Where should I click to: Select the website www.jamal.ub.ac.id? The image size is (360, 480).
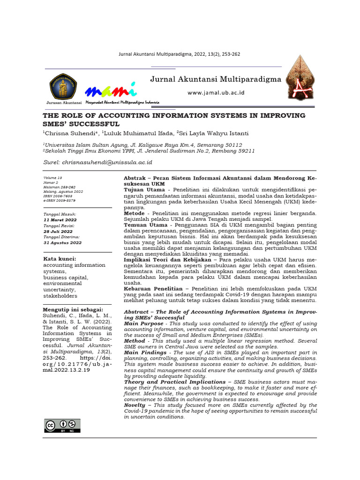click(x=216, y=93)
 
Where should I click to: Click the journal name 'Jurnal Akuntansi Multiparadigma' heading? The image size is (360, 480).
click(x=216, y=79)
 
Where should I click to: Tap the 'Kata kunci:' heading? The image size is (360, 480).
click(x=60, y=258)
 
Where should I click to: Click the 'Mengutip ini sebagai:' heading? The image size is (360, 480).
click(x=74, y=310)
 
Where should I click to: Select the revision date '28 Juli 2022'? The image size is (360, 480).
click(x=58, y=231)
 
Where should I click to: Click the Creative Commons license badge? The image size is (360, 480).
click(x=62, y=425)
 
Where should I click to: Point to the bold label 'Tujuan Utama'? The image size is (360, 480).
click(x=144, y=190)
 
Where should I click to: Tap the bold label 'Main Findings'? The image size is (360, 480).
click(x=145, y=352)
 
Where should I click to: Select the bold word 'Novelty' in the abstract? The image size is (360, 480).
click(x=136, y=405)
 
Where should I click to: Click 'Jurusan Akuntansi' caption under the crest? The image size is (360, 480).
click(x=63, y=103)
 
